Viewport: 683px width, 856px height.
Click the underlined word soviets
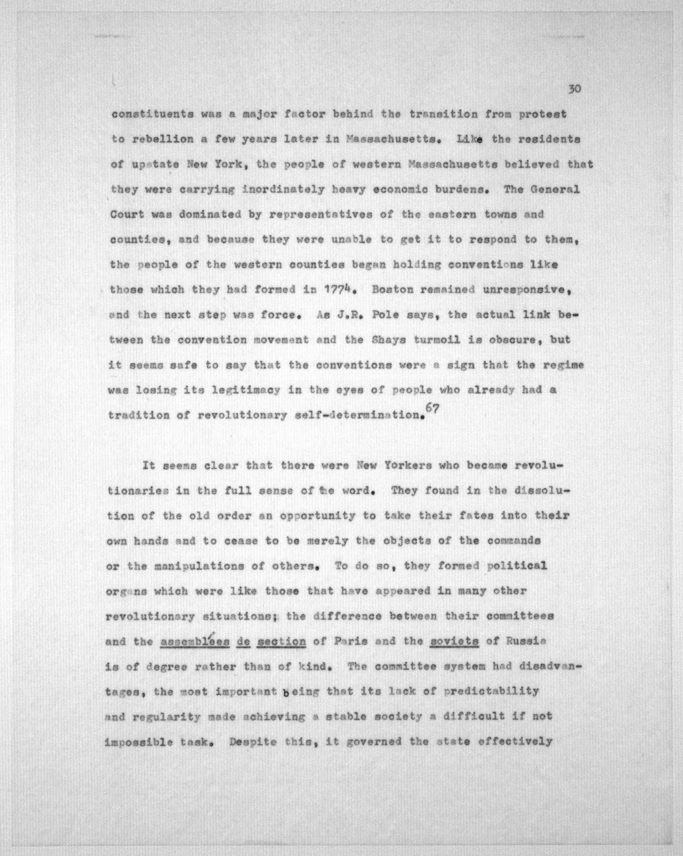coord(454,641)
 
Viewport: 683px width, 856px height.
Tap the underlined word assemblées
coord(195,641)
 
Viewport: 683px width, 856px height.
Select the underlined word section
coord(281,641)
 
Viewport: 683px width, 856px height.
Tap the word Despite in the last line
coord(252,742)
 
